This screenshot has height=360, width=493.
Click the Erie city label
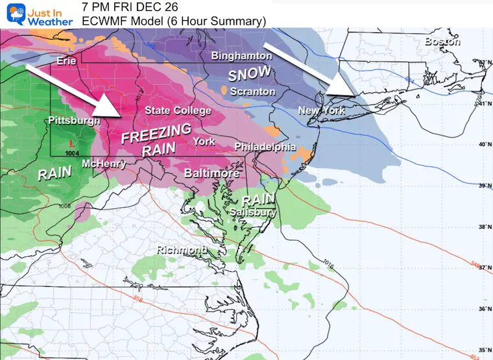coord(67,61)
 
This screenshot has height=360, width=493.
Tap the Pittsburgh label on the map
coord(74,121)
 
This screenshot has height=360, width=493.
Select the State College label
coord(178,111)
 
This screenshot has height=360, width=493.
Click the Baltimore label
coord(211,173)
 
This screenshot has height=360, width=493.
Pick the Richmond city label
coord(182,249)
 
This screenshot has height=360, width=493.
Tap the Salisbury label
coord(253,212)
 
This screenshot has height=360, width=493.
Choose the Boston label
coord(442,42)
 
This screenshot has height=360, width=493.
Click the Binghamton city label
coord(241,56)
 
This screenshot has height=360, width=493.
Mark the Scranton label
coord(252,91)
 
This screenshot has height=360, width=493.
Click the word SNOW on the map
coord(248,75)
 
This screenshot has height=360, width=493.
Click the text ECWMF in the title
coord(102,22)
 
